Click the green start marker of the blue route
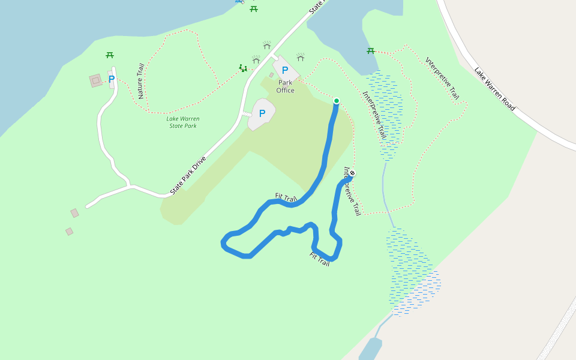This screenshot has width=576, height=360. point(336,101)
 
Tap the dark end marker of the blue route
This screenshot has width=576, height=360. point(352,173)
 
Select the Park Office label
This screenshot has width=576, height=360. point(286,86)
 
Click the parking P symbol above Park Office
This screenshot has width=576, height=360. point(285,70)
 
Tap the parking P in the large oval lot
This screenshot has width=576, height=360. point(262,113)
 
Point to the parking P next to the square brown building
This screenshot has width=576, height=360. point(112,79)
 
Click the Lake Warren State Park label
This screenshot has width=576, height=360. point(182,122)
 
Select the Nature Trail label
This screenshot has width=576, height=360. point(141,81)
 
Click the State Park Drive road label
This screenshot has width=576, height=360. point(188,175)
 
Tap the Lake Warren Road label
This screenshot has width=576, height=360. point(494,89)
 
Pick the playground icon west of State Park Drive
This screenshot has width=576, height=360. point(243,68)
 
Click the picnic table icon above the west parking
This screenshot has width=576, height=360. point(110,55)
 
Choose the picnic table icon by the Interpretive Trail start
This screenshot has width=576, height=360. point(371,51)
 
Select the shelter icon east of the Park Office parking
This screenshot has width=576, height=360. point(301,58)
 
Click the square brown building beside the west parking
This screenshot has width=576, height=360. point(96,80)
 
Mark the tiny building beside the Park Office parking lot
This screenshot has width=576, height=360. point(271,75)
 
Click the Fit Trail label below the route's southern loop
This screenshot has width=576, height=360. point(319,259)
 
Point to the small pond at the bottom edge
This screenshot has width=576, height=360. point(370,349)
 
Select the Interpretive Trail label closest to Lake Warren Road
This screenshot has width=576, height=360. point(442,78)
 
